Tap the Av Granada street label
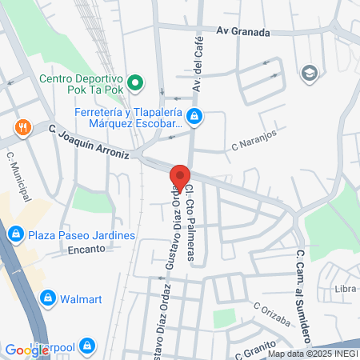[243, 32]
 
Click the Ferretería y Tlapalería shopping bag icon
[196, 118]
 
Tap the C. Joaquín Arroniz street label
[87, 141]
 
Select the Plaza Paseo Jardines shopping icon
[14, 234]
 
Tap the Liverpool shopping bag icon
[87, 346]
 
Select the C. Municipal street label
[19, 177]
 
